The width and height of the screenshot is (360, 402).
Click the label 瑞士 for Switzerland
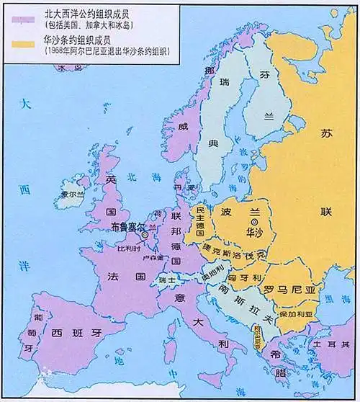(167, 278)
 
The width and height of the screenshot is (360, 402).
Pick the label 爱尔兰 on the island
(73, 195)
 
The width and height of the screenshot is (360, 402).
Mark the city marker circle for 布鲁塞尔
(145, 234)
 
